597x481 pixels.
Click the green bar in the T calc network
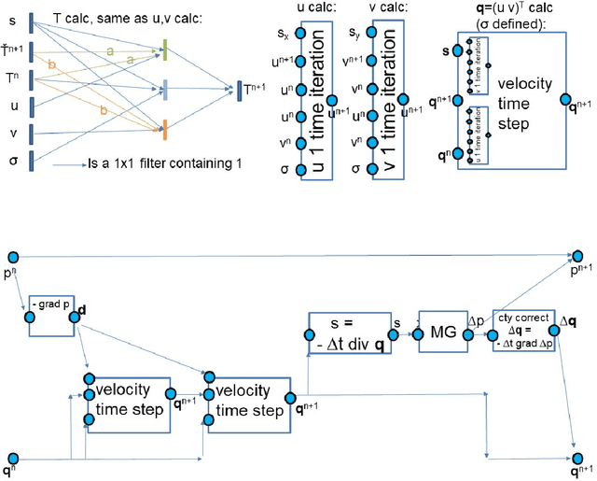click(164, 52)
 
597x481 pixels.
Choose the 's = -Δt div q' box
click(347, 332)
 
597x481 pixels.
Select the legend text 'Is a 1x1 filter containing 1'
click(153, 164)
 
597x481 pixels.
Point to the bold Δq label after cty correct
click(568, 322)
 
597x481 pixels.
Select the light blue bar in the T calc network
click(164, 90)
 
